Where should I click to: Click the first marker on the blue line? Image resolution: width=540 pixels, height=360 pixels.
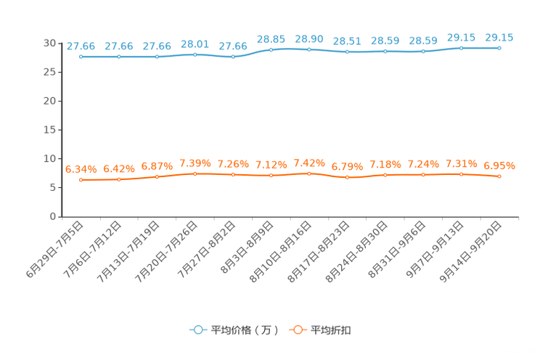tap(81, 57)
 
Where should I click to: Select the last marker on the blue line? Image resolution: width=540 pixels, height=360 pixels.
tap(499, 48)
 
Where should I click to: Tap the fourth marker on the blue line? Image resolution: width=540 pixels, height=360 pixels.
tap(195, 54)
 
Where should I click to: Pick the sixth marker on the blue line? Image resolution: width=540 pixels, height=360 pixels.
tap(271, 49)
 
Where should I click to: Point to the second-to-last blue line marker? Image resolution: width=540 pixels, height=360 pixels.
tap(461, 48)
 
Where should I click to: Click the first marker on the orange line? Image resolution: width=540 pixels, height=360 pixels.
tap(81, 179)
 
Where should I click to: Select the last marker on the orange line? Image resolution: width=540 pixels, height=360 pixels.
tap(499, 176)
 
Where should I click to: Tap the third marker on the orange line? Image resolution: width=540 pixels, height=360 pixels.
tap(157, 176)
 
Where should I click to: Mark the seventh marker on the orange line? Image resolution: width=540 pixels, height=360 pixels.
tap(309, 173)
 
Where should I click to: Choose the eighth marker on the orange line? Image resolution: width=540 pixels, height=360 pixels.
tap(348, 177)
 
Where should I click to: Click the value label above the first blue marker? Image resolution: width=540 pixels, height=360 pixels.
tap(81, 46)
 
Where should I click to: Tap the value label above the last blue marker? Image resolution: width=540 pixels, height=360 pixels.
tap(499, 37)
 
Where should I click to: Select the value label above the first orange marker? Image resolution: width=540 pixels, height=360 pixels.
tap(81, 168)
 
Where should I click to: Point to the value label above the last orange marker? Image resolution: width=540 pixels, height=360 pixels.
tap(499, 165)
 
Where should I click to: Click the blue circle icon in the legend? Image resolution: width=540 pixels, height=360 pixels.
tap(198, 330)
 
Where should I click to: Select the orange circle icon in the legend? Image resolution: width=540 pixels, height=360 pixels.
tap(298, 330)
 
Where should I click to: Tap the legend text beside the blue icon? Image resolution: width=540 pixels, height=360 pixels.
tap(245, 330)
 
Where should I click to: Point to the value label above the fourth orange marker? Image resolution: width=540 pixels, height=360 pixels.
tap(195, 163)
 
